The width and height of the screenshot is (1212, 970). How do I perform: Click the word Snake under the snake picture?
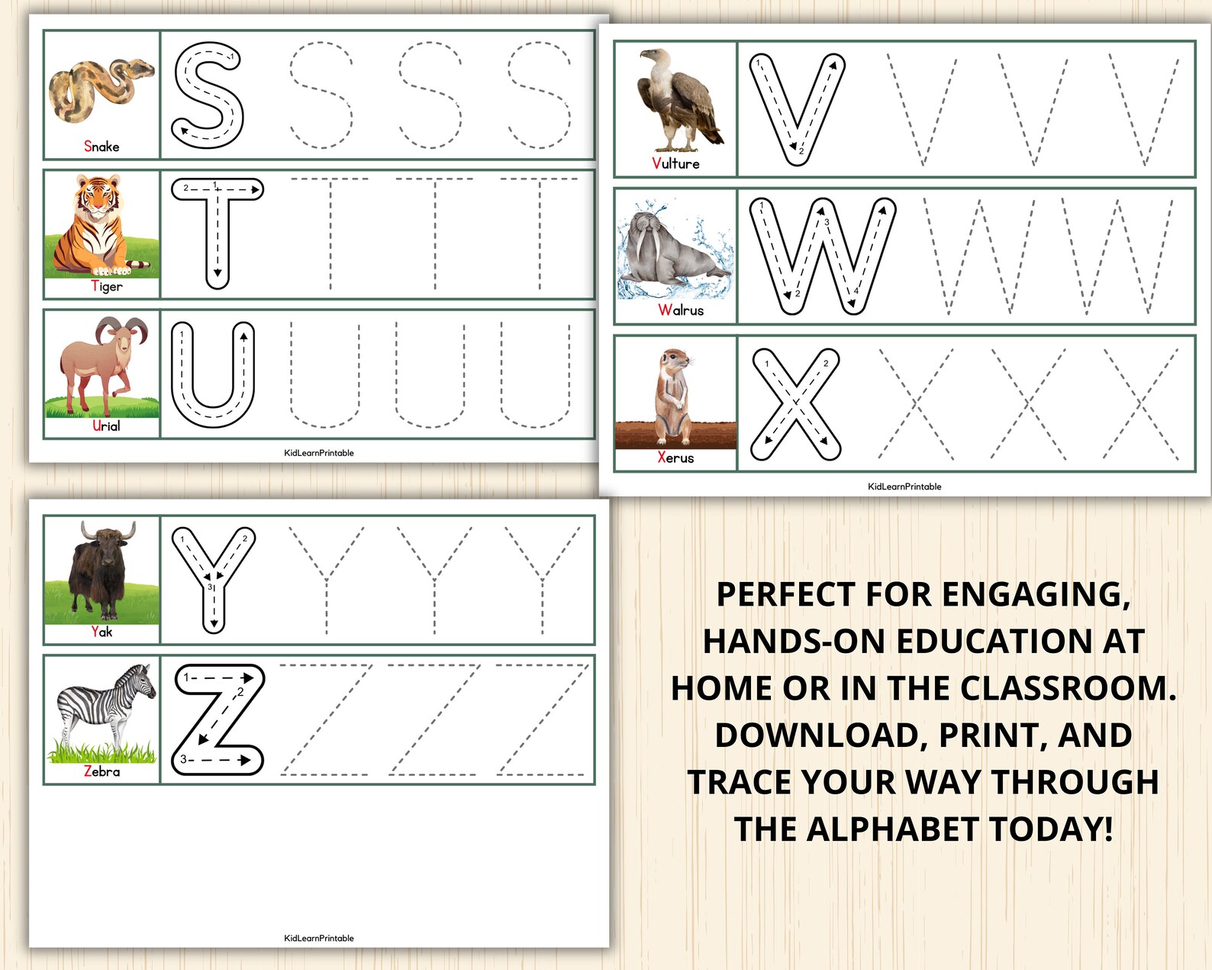click(102, 147)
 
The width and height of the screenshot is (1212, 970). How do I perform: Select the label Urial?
click(106, 426)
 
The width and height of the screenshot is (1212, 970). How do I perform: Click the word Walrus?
click(681, 310)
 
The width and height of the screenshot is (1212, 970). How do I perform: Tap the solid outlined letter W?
click(823, 256)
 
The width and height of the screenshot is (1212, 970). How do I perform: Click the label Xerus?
click(675, 458)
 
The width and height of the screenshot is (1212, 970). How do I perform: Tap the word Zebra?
click(102, 772)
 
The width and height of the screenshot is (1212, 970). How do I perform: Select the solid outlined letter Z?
click(219, 719)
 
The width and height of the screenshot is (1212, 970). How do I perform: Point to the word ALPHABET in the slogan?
click(892, 829)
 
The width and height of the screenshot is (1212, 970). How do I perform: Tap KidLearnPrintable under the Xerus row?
click(904, 487)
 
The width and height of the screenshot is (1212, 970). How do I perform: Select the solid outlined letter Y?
click(214, 577)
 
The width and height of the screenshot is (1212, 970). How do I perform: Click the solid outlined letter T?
click(218, 231)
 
